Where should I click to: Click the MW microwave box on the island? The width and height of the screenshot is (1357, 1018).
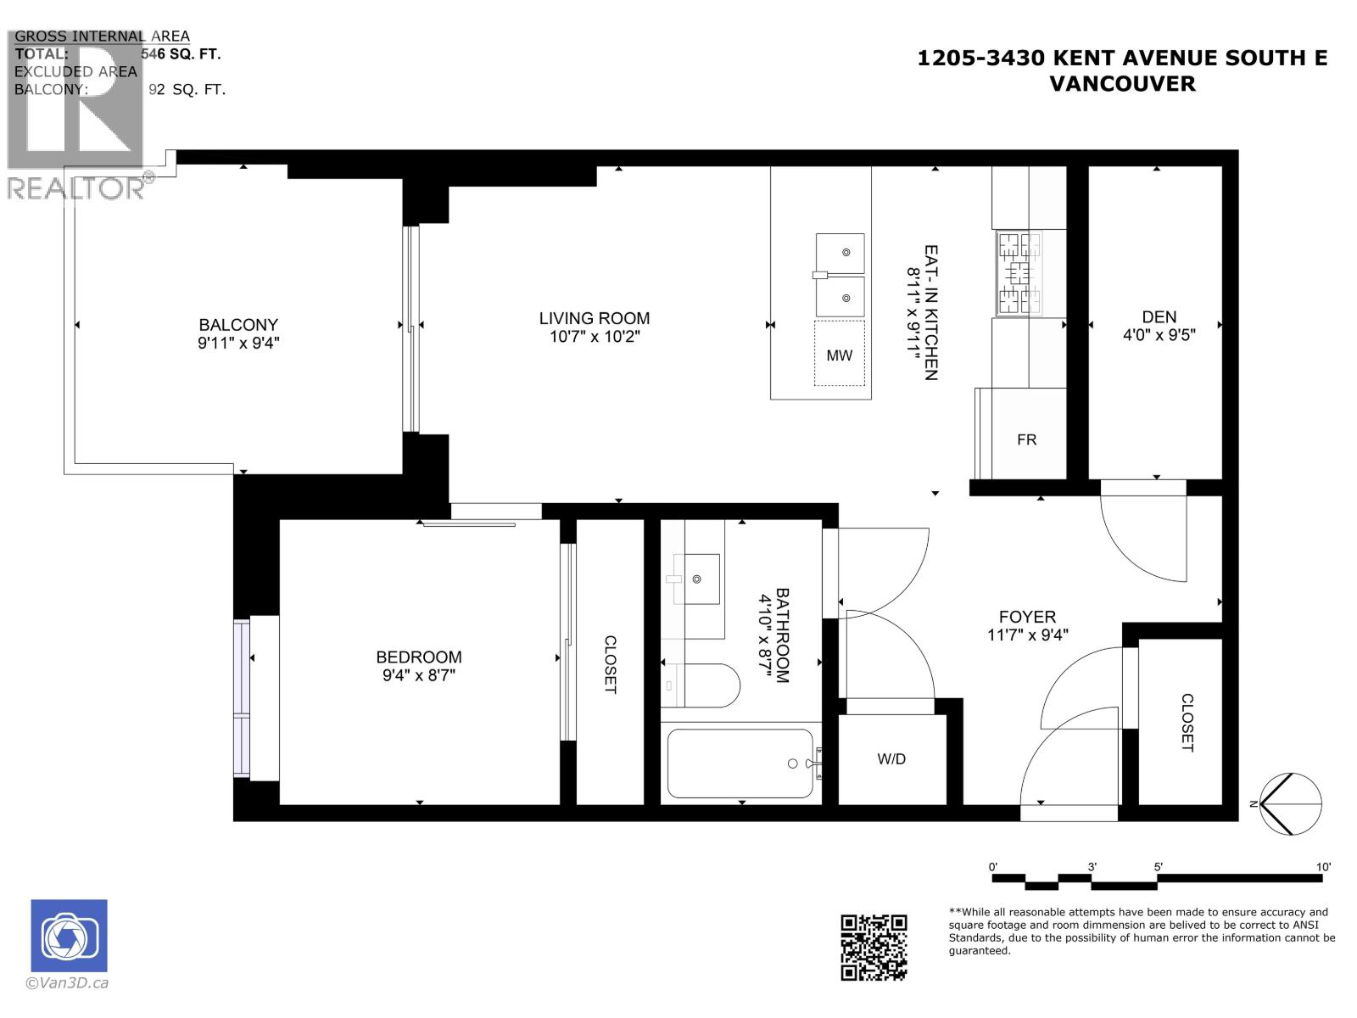[x=839, y=355]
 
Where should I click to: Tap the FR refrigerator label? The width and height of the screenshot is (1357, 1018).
[x=1026, y=439]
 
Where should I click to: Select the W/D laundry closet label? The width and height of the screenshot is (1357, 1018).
[x=891, y=758]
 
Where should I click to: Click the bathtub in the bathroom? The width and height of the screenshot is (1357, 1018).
[x=740, y=763]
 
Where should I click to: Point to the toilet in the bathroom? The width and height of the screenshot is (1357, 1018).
[x=704, y=685]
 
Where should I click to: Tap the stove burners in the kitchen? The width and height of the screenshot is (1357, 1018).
[x=1019, y=272]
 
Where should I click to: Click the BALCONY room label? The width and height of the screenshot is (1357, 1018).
[x=238, y=324]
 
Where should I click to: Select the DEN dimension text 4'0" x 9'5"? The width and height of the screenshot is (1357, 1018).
[x=1159, y=335]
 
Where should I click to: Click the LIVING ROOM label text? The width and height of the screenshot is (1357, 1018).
[x=594, y=318]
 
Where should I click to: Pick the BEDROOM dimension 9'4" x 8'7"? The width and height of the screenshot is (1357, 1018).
[x=419, y=676]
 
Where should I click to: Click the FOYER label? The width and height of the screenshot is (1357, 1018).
[x=1027, y=617]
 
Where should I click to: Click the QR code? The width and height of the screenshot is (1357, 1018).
[x=874, y=947]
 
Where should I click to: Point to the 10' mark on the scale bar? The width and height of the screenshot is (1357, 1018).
[x=1323, y=867]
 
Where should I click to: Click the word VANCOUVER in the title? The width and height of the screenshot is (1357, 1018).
[x=1122, y=83]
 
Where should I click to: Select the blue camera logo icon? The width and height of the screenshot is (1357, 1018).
[x=70, y=935]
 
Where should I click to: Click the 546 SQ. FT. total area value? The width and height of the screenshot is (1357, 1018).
[x=180, y=53]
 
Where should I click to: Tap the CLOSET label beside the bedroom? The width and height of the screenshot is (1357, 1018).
[x=610, y=664]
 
